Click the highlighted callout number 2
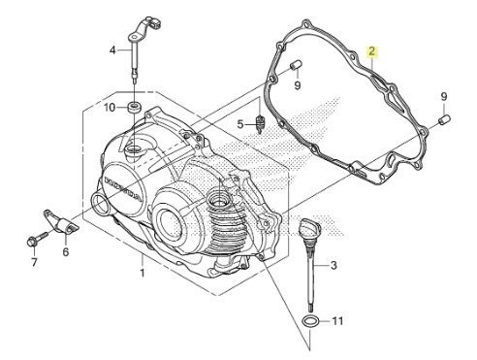pyautogui.click(x=371, y=51)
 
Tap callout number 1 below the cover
pyautogui.click(x=143, y=273)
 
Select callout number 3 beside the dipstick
pyautogui.click(x=334, y=265)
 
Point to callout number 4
pyautogui.click(x=112, y=50)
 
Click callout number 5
pyautogui.click(x=239, y=124)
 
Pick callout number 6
pyautogui.click(x=66, y=251)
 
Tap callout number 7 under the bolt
pyautogui.click(x=34, y=262)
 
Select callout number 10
pyautogui.click(x=110, y=108)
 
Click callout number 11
pyautogui.click(x=337, y=321)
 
